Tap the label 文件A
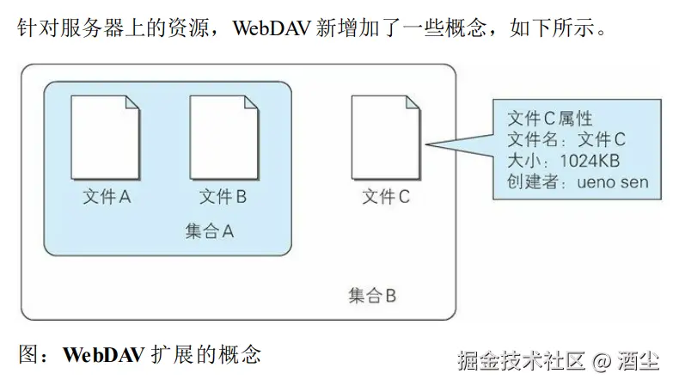point(106,197)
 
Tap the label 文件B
point(223,197)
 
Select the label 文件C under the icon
point(386,197)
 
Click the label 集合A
point(209,231)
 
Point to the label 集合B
point(372,296)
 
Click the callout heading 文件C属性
point(550,118)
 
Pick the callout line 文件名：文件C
point(566,139)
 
